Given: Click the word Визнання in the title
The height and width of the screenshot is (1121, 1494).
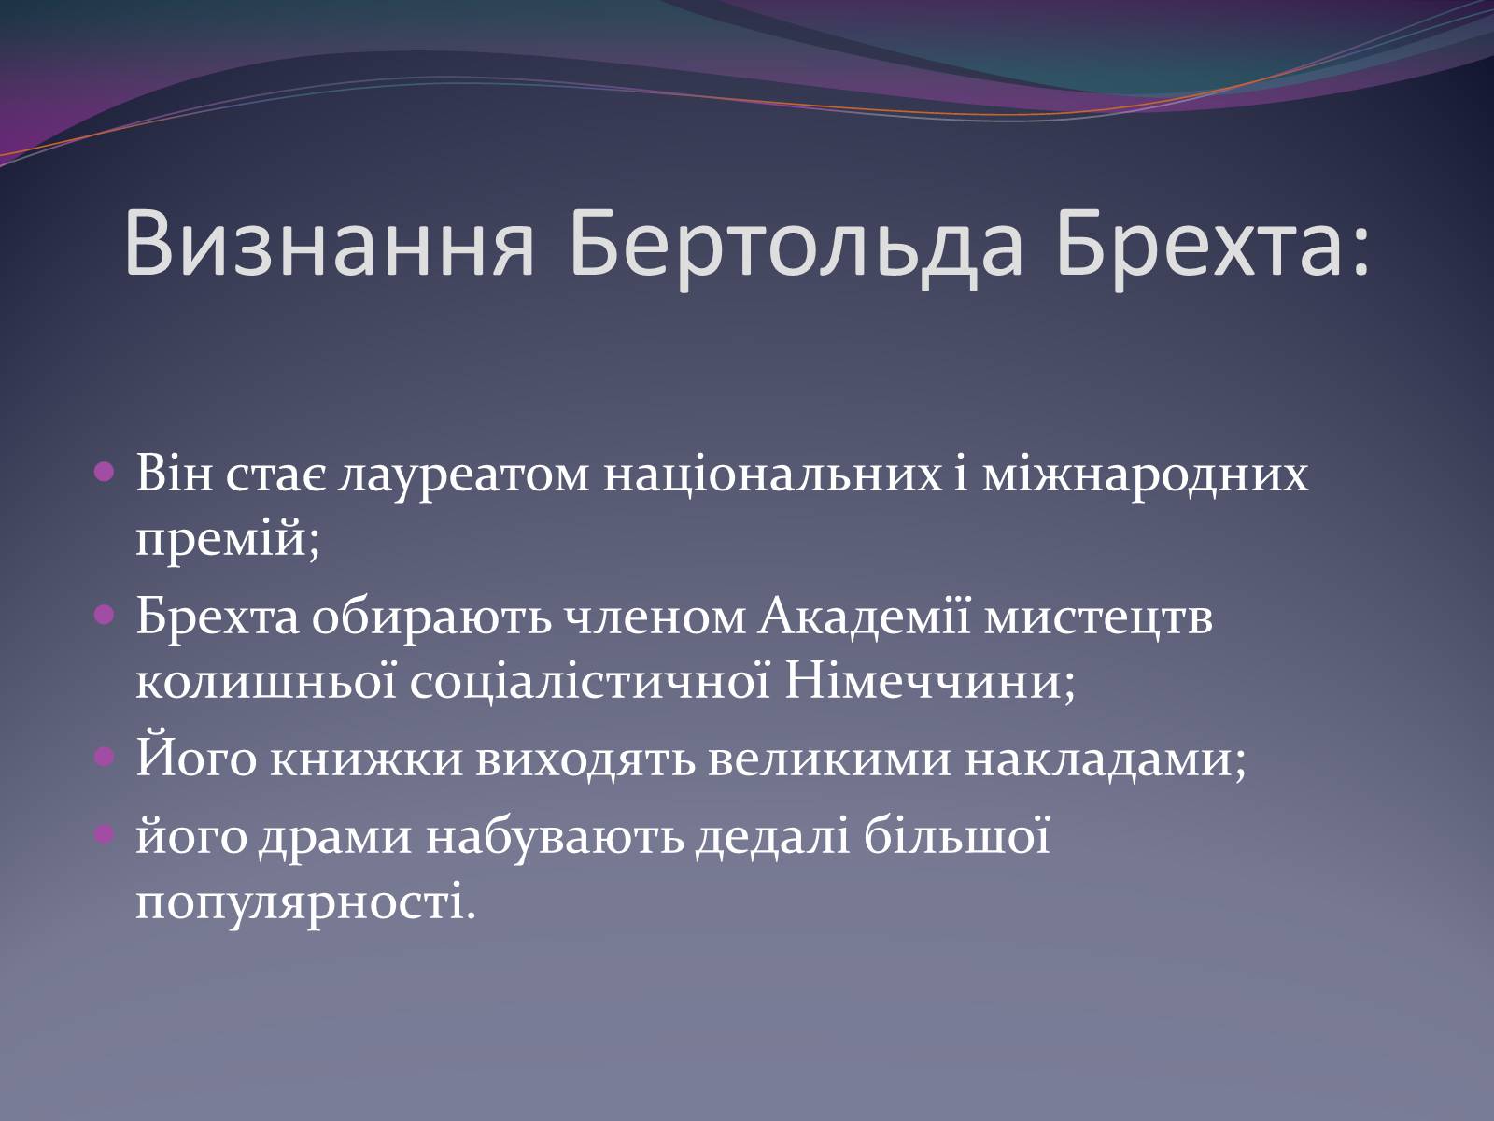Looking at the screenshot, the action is [x=330, y=245].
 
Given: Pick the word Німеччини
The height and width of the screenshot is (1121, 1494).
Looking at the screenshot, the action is [x=929, y=684].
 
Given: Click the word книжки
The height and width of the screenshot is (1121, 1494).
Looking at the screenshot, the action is [x=366, y=760].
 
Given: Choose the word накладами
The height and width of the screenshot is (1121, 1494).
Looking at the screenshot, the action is [x=1106, y=760].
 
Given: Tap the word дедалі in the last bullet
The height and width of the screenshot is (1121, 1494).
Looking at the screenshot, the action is [x=772, y=836].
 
